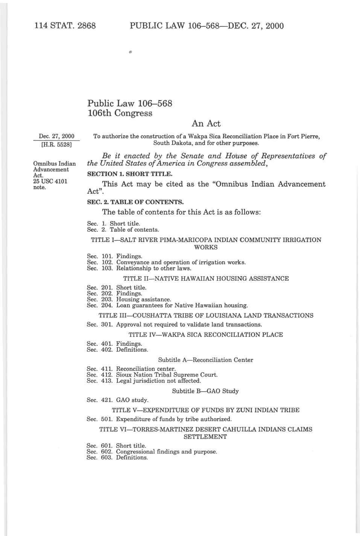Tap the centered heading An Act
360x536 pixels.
click(206, 123)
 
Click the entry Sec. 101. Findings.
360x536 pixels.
click(114, 256)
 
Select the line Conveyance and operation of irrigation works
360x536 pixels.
click(181, 262)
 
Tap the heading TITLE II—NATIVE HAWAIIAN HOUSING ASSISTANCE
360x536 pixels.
click(206, 278)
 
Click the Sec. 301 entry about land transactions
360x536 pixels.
click(174, 324)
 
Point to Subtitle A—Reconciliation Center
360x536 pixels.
click(205, 360)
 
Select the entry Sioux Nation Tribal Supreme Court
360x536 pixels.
click(167, 375)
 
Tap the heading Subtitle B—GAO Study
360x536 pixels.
click(205, 391)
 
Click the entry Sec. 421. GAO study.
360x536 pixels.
click(117, 400)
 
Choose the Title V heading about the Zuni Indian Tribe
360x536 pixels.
click(206, 410)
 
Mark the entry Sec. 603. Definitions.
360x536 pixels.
click(117, 457)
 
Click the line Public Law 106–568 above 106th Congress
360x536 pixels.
click(129, 103)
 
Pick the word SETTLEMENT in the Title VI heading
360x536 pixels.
click(205, 437)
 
